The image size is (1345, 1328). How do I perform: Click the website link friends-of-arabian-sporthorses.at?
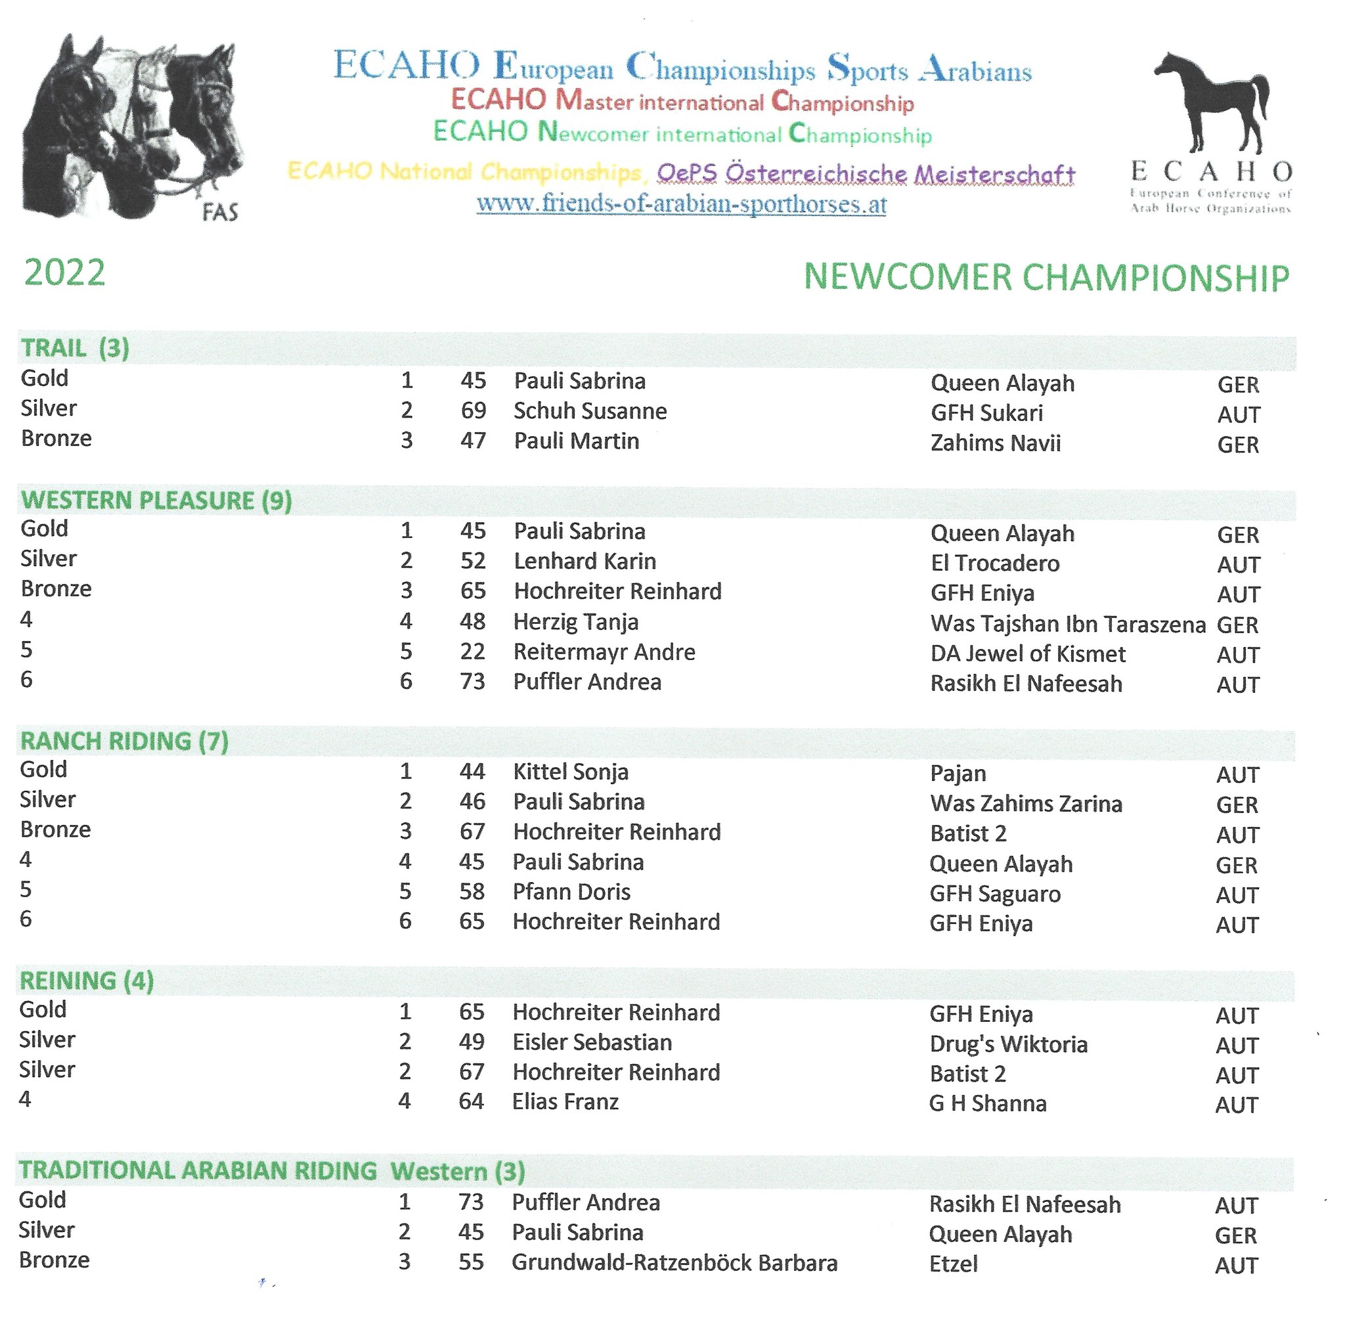(681, 204)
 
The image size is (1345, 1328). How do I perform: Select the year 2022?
(65, 273)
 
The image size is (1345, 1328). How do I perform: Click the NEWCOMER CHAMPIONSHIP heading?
(1046, 277)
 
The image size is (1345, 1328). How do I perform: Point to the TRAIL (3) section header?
(75, 347)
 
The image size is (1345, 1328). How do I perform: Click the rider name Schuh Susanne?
(590, 411)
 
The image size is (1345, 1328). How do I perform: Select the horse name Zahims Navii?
(995, 443)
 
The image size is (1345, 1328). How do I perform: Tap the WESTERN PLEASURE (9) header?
(156, 500)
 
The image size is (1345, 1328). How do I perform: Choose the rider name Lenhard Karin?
(584, 562)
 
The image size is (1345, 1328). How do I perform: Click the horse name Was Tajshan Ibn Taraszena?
(1067, 624)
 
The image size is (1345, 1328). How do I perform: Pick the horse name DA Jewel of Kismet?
(1028, 654)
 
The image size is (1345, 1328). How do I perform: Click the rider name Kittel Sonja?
(570, 772)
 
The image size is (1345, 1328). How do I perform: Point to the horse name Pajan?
(958, 774)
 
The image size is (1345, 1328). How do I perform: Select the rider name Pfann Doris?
(571, 891)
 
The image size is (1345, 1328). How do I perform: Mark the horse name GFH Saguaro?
(995, 893)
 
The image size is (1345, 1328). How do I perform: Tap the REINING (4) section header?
(86, 981)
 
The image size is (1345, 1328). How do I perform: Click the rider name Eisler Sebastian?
(592, 1042)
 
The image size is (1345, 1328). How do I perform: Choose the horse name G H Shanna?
(987, 1104)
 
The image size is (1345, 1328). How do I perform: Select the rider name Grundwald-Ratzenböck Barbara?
(674, 1262)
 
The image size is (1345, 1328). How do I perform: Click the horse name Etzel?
(953, 1264)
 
